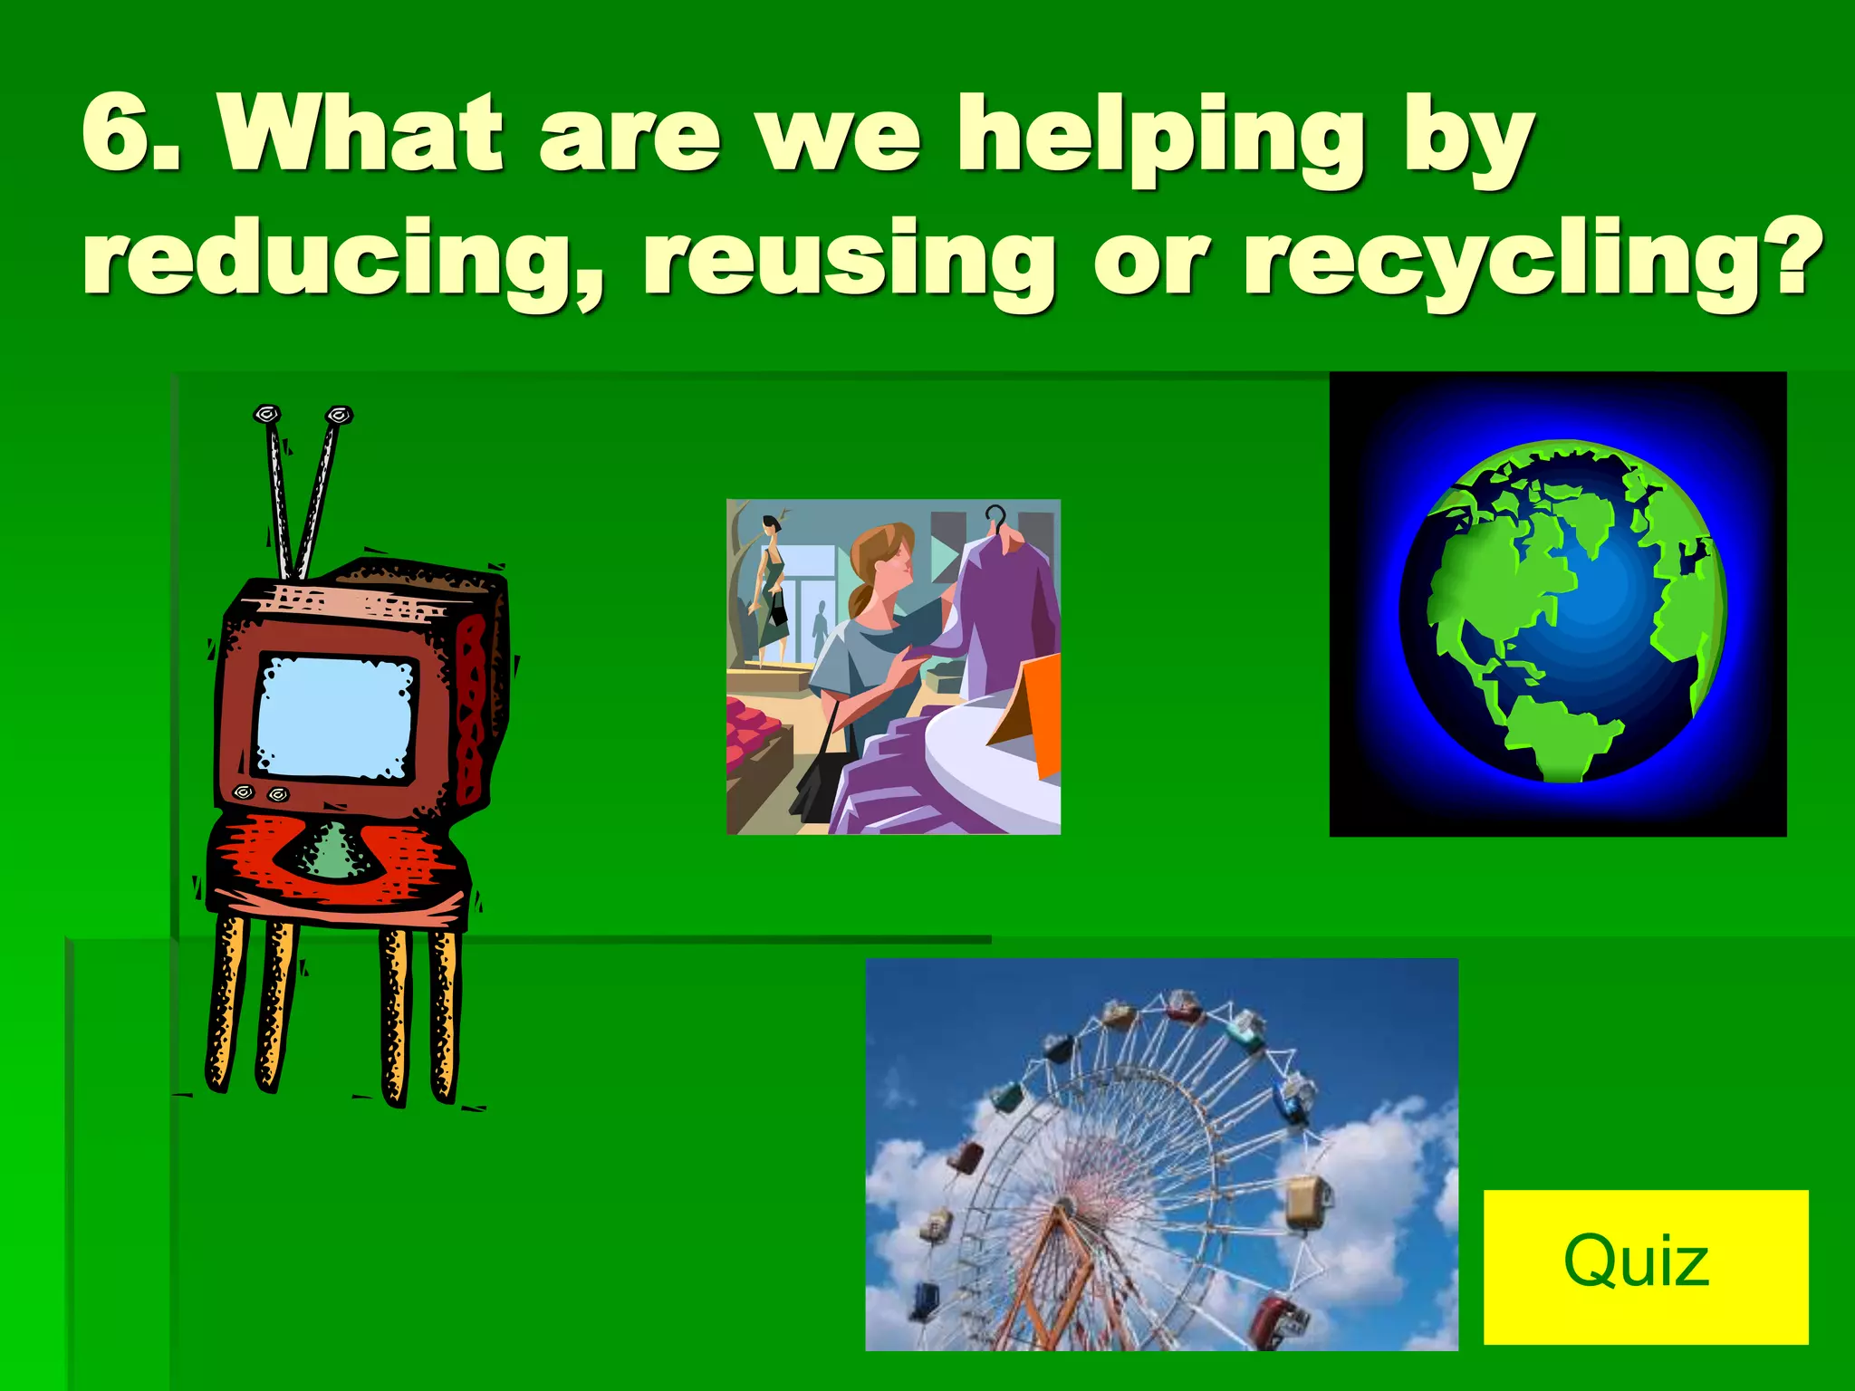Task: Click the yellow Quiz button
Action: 1645,1266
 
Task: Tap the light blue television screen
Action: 335,716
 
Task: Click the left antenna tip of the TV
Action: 266,415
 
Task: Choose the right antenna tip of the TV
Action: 339,415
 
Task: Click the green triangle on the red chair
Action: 332,851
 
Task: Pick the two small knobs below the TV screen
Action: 260,793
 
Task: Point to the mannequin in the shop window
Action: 771,589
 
